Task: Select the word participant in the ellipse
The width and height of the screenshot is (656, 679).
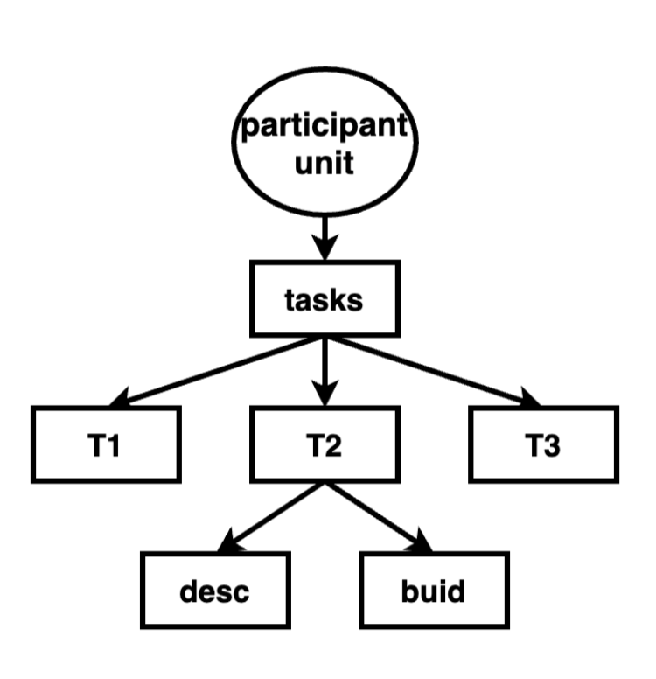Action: [325, 128]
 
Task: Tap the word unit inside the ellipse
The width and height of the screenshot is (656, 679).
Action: [325, 164]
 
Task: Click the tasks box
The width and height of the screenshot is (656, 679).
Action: [325, 301]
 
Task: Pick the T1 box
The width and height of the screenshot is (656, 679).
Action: [107, 444]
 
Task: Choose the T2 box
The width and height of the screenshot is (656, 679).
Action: [325, 444]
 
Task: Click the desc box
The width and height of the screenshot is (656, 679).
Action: [215, 590]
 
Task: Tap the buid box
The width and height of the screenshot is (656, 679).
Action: [433, 590]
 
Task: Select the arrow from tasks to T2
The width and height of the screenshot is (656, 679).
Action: [325, 367]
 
